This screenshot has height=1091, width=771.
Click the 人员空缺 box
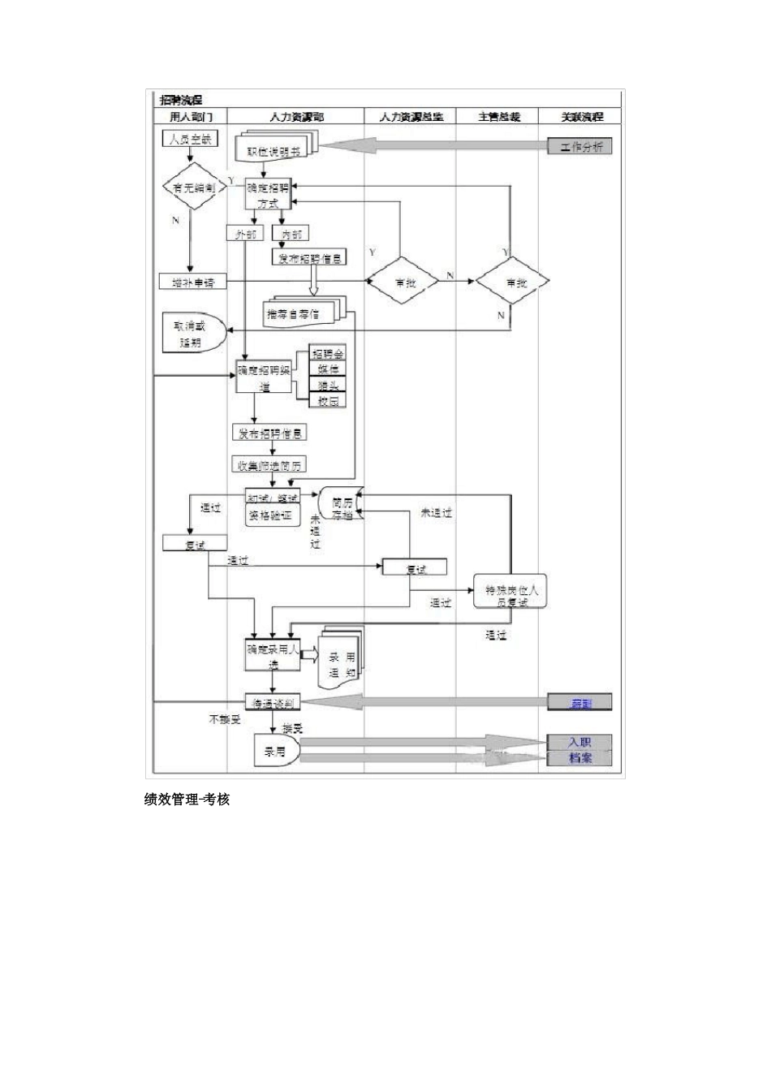(190, 139)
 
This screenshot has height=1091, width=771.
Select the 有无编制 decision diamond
(193, 187)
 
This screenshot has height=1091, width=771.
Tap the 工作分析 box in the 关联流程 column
(581, 147)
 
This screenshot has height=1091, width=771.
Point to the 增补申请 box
(193, 282)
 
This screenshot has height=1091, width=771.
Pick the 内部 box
(291, 234)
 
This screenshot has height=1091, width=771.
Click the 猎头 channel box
(328, 386)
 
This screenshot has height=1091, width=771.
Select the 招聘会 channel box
(328, 355)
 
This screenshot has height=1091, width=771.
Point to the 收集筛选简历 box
(270, 465)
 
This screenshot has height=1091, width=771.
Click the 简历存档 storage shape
(342, 508)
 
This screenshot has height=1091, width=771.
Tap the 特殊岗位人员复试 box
(511, 596)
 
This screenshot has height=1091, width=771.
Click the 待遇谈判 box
(273, 702)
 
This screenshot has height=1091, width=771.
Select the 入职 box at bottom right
(580, 742)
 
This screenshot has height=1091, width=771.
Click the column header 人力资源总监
(411, 117)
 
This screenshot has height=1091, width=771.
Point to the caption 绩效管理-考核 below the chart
(187, 800)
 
